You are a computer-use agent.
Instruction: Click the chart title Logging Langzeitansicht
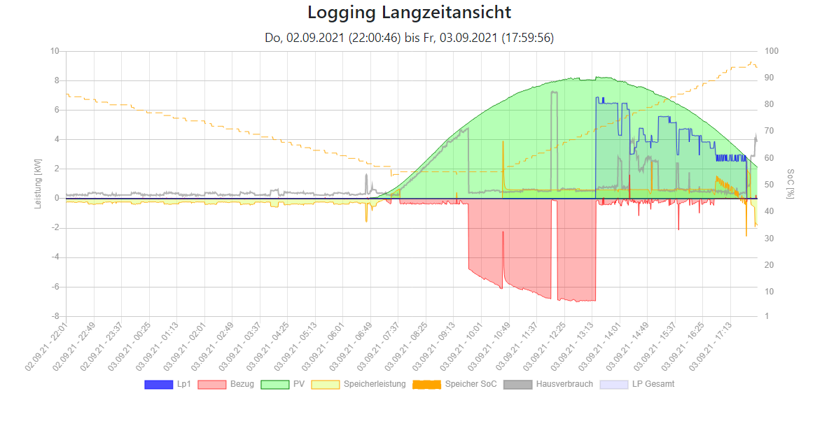point(409,13)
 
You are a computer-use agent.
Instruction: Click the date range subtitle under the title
point(409,38)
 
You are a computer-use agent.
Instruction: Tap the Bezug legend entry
point(224,384)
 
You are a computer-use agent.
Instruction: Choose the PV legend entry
point(283,384)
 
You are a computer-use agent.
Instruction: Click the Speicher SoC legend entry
point(454,384)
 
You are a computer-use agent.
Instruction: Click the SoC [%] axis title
point(791,183)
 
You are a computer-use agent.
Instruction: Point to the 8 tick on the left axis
point(56,80)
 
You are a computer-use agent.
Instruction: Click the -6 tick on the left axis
point(55,287)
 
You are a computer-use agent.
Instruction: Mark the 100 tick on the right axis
point(771,51)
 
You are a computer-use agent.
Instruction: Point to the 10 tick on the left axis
point(55,51)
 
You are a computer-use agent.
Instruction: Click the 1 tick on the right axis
point(767,316)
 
